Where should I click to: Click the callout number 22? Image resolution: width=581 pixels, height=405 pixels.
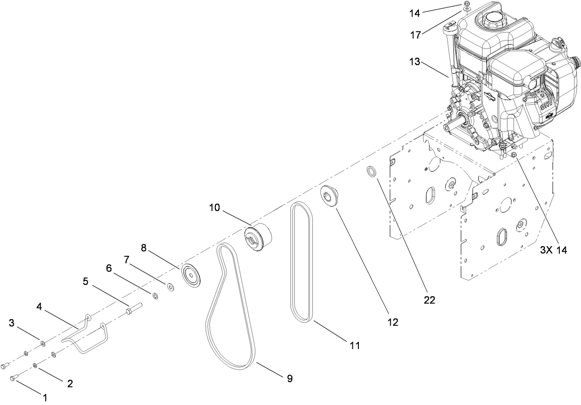pyautogui.click(x=429, y=299)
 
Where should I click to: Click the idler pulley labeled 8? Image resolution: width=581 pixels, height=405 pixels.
pyautogui.click(x=190, y=275)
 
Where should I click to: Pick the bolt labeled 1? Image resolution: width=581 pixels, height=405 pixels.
pyautogui.click(x=14, y=378)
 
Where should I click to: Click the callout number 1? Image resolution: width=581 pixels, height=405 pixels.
pyautogui.click(x=45, y=397)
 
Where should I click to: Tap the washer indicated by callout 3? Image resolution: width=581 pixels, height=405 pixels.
pyautogui.click(x=42, y=343)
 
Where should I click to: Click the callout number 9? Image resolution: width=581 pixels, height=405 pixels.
pyautogui.click(x=290, y=378)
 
